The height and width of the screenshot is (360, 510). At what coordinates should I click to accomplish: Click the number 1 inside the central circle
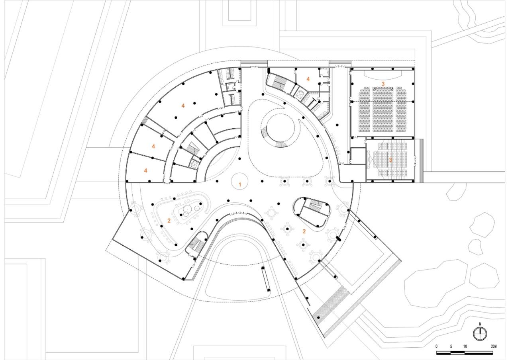coord(240,184)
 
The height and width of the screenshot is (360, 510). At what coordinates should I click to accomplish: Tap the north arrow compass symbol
coord(480,333)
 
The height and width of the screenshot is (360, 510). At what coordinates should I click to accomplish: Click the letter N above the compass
coord(480,324)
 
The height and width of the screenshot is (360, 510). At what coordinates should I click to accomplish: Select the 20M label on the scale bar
coord(494,346)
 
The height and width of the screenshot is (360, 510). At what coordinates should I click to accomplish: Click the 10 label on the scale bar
coord(465,346)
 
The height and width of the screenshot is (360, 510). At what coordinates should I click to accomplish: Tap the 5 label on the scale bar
coord(451,346)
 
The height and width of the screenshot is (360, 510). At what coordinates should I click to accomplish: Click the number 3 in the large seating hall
coord(383,84)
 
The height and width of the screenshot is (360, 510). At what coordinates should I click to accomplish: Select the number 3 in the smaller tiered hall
coord(390,160)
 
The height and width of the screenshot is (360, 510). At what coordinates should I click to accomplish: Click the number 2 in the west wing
coord(169,221)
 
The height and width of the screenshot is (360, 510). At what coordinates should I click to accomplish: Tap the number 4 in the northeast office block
coord(308,79)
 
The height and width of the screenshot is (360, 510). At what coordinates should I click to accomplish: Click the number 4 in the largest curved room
coord(183,106)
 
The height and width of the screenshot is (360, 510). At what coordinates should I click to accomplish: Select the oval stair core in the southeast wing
coord(313,211)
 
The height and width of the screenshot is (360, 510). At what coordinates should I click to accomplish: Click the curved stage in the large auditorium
coord(382,74)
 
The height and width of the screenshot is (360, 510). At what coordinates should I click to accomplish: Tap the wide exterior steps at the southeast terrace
coord(331,307)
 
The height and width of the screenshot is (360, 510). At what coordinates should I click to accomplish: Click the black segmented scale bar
coord(465,353)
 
